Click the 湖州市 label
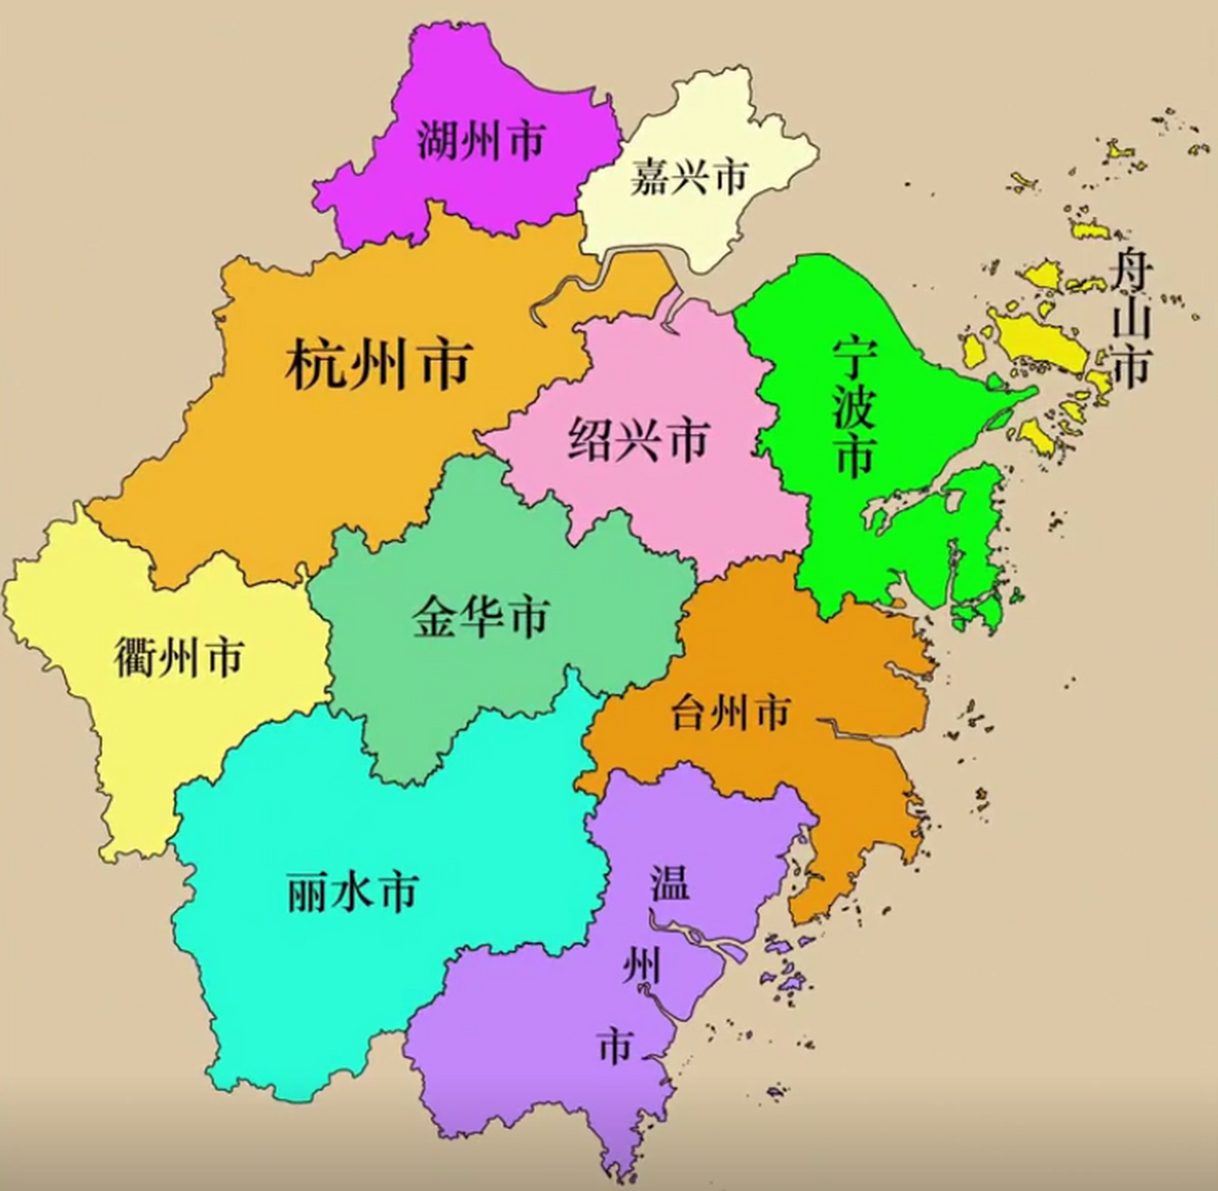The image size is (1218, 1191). (x=480, y=142)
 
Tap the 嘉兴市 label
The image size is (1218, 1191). (x=688, y=177)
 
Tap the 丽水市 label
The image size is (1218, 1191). (x=351, y=891)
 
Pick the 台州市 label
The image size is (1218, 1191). (x=730, y=714)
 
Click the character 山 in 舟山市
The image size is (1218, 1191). (x=1132, y=319)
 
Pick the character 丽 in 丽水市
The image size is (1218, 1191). (x=307, y=891)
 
